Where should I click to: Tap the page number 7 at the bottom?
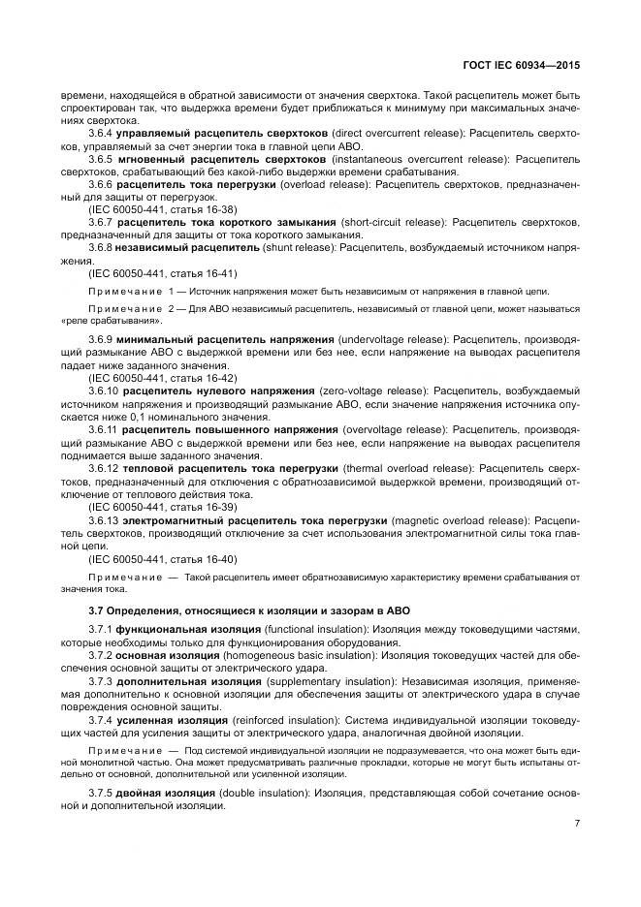[x=576, y=824]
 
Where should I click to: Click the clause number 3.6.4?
[x=101, y=132]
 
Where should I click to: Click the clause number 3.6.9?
[x=101, y=339]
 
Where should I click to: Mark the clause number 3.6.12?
[x=104, y=468]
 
